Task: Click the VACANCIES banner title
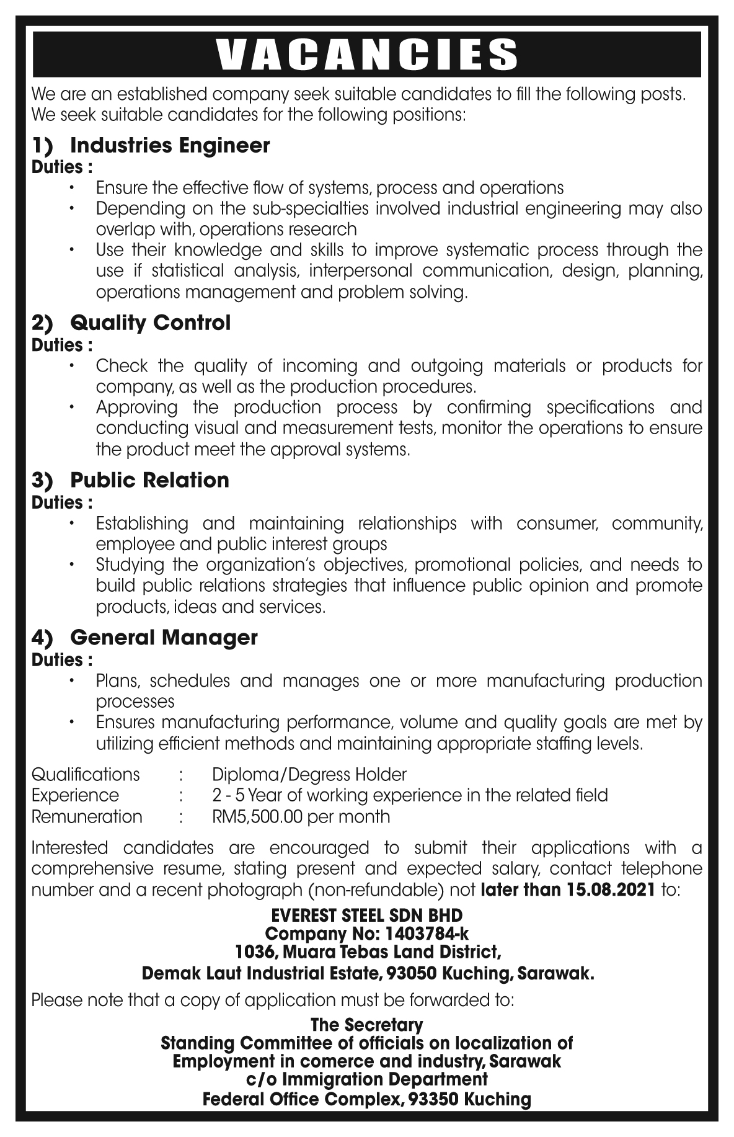367,54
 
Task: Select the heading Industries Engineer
170,146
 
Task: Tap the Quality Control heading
150,323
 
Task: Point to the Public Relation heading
149,480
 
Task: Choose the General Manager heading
164,638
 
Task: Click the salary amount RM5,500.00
257,816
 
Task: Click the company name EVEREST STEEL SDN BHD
367,916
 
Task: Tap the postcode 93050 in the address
412,974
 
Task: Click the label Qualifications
86,775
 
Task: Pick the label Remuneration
87,816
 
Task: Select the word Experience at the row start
75,795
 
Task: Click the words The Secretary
367,1024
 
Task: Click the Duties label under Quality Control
62,345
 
